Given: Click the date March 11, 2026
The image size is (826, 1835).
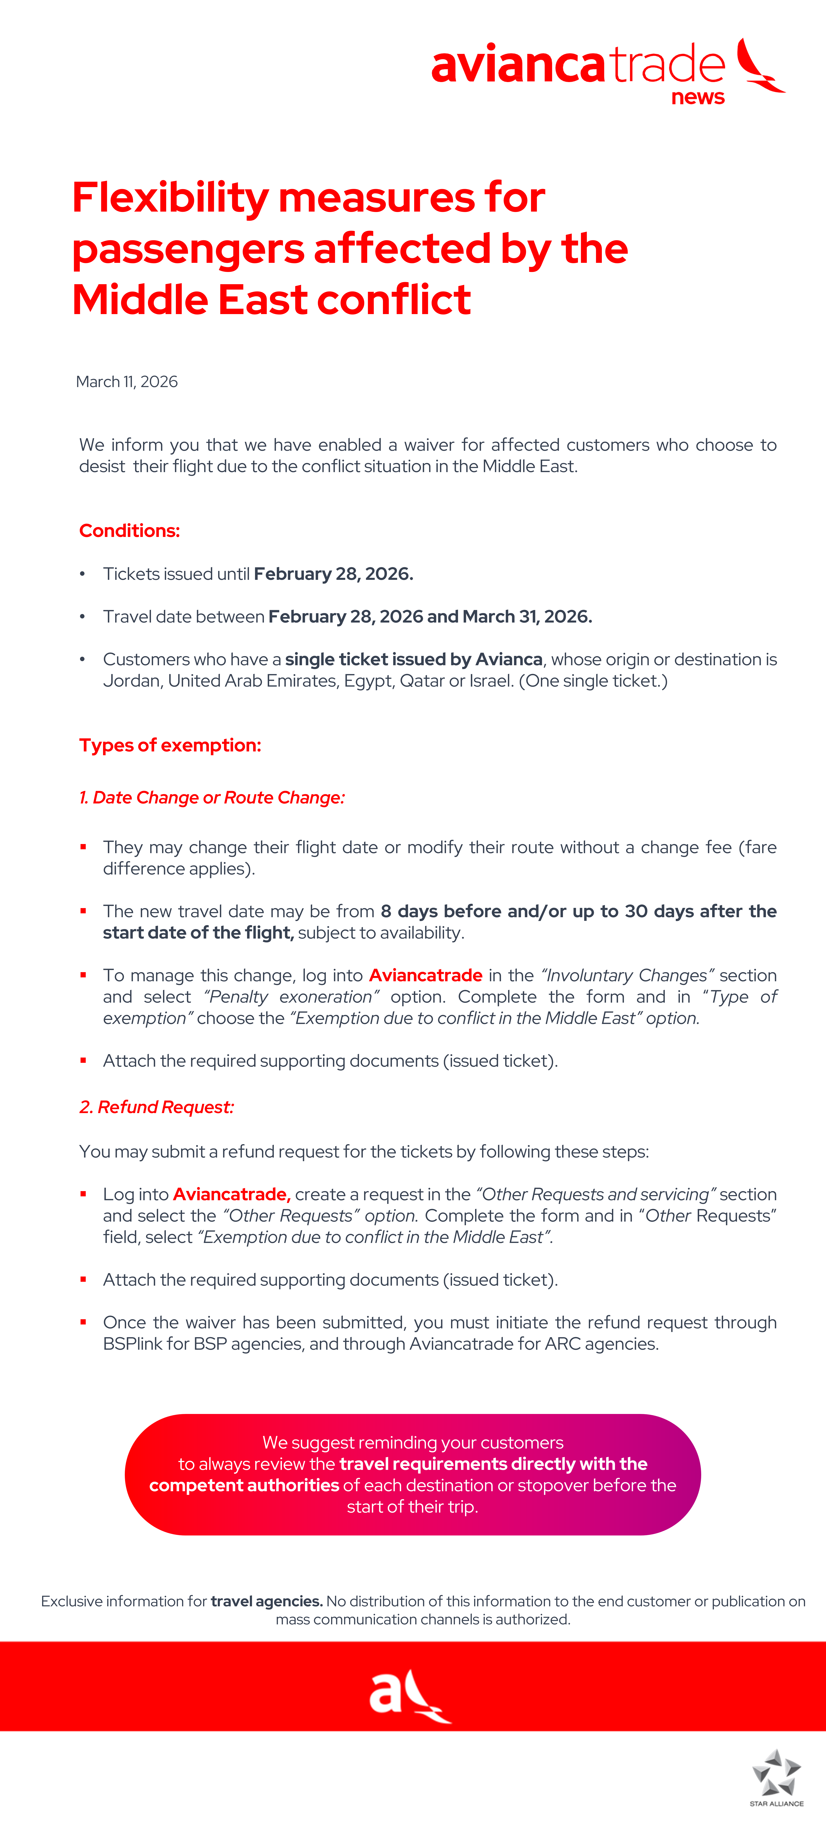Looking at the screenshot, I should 127,382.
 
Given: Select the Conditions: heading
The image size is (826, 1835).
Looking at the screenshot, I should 130,531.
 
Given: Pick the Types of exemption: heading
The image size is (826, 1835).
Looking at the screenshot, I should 170,745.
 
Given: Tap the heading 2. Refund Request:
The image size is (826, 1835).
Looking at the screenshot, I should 157,1107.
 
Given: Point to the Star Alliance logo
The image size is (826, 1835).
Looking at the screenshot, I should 777,1776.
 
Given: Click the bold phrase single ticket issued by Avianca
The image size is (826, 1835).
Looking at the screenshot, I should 414,660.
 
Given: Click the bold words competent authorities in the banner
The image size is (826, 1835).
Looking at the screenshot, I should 244,1485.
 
